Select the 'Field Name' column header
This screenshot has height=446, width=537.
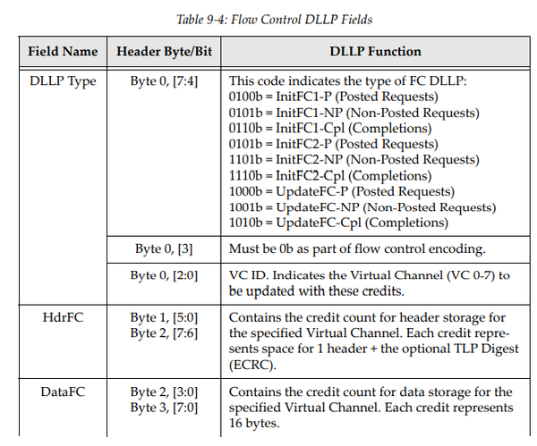coord(62,52)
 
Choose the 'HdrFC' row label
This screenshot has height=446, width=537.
coord(62,316)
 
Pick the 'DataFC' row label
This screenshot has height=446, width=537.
coord(62,391)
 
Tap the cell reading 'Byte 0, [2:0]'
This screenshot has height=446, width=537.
coord(165,275)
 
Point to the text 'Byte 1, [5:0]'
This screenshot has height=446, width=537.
coord(165,316)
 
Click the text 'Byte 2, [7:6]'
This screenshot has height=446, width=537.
coord(165,332)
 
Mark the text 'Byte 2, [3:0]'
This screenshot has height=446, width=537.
coord(165,391)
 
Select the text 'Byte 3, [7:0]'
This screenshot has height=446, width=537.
coord(165,407)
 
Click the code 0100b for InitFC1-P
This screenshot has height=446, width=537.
coord(245,97)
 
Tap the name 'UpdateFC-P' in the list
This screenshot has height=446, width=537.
coord(308,191)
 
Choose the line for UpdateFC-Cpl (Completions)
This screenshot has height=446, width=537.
coord(341,223)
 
